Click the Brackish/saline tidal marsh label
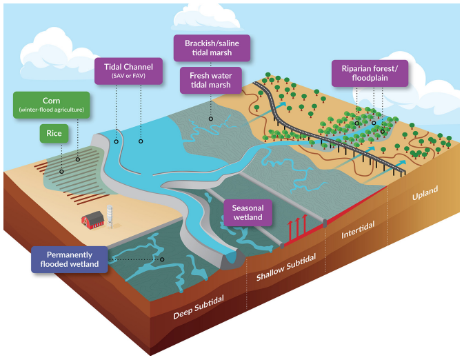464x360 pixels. [211, 48]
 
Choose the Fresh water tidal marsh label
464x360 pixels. [210, 81]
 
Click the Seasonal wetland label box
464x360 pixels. [248, 212]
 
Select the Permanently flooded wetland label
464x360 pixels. [70, 259]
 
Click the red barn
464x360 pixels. [92, 220]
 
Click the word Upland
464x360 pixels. [425, 194]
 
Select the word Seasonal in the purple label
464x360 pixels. [248, 208]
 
